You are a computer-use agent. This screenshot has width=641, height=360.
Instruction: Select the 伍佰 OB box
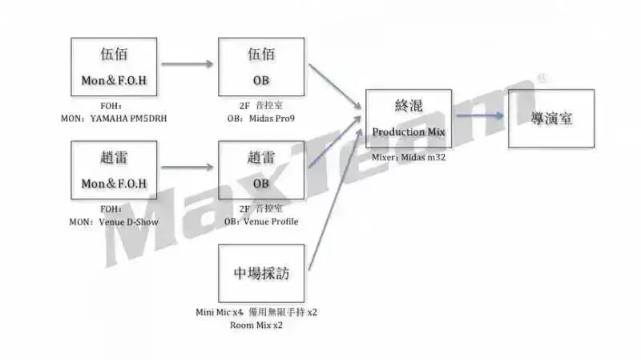tap(261, 67)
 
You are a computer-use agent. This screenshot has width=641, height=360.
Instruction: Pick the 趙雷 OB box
tap(261, 170)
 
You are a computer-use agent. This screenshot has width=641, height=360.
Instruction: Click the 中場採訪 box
tap(261, 273)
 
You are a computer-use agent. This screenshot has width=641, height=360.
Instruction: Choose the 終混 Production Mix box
tap(409, 118)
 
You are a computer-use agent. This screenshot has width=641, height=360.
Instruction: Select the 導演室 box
tap(551, 118)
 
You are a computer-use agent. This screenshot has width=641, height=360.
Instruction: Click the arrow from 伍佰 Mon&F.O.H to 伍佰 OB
tap(188, 64)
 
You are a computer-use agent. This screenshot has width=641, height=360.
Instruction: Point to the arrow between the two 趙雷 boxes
tap(188, 167)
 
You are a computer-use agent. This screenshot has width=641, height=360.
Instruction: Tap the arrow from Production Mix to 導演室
tap(479, 117)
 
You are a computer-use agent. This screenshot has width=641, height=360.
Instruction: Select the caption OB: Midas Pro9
tap(262, 118)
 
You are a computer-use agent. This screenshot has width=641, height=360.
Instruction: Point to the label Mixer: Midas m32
tap(409, 158)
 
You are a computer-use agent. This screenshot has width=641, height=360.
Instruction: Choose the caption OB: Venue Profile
tap(262, 220)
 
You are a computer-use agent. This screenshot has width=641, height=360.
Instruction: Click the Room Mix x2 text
tap(256, 325)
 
